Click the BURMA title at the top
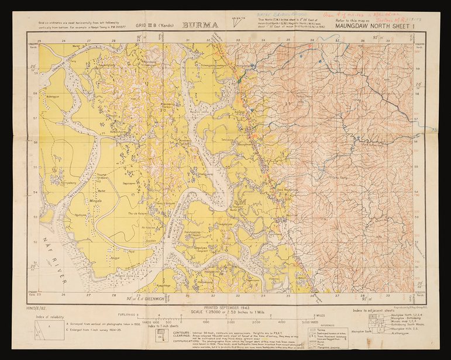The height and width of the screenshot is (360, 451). [199, 25]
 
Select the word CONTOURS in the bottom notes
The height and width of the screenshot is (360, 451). [167, 331]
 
